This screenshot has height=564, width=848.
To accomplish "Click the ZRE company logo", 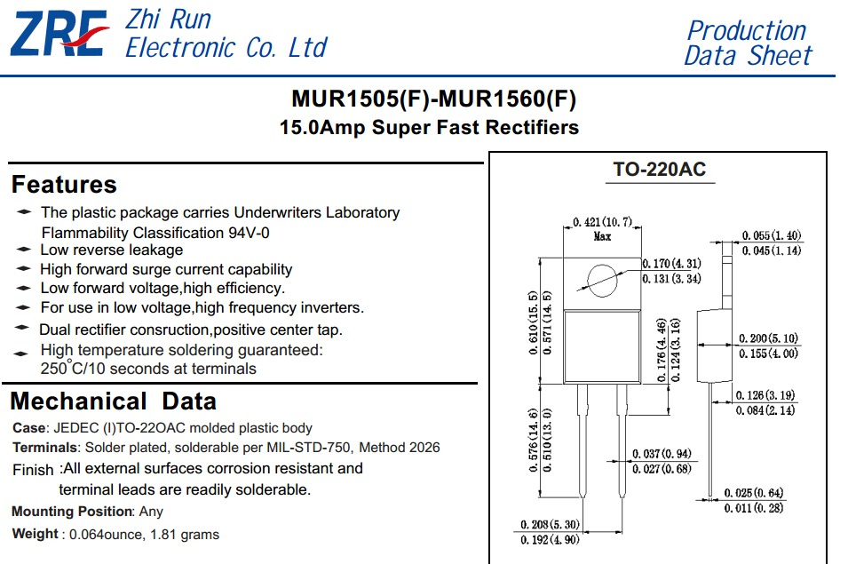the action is click(x=59, y=34).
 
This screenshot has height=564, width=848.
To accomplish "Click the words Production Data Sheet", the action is click(x=748, y=44).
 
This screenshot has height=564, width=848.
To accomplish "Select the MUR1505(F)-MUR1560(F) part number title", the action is click(x=433, y=99).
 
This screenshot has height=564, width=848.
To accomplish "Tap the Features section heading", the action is click(x=64, y=185).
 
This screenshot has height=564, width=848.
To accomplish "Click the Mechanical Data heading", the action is click(x=114, y=401).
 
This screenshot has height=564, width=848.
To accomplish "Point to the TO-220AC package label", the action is click(x=659, y=170).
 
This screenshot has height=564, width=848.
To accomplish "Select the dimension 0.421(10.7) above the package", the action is click(x=602, y=222).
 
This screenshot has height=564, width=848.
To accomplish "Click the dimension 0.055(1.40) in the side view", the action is click(x=772, y=235).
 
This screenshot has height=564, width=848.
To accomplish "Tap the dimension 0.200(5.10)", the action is click(x=768, y=338).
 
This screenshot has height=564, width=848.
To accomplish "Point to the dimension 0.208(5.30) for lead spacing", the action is click(x=550, y=525).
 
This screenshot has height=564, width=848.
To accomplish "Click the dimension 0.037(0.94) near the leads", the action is click(x=662, y=454).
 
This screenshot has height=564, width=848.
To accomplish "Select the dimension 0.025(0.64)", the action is click(x=754, y=493).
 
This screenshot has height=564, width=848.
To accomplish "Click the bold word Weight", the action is click(x=35, y=534).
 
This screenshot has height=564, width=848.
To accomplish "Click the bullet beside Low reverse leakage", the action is click(x=24, y=250).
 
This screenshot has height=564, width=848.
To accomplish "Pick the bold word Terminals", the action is click(x=45, y=448).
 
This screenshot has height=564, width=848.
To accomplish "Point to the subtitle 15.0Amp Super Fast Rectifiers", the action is click(x=429, y=128).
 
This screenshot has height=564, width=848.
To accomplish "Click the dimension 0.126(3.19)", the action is click(x=765, y=395).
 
